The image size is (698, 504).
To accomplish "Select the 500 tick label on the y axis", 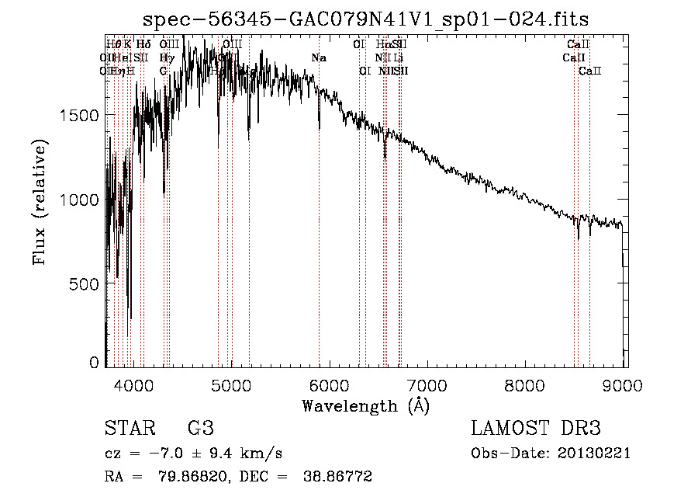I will point(85,284).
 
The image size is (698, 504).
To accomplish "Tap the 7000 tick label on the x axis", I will point(428,384).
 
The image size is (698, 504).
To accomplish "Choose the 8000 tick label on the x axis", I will point(526,384).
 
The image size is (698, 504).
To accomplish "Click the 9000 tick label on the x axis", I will point(624,384).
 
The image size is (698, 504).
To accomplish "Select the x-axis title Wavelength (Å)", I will point(365,405).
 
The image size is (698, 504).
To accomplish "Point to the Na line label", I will point(319,57).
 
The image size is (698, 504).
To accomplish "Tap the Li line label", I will point(398,57).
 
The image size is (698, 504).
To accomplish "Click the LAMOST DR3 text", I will point(536,428).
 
